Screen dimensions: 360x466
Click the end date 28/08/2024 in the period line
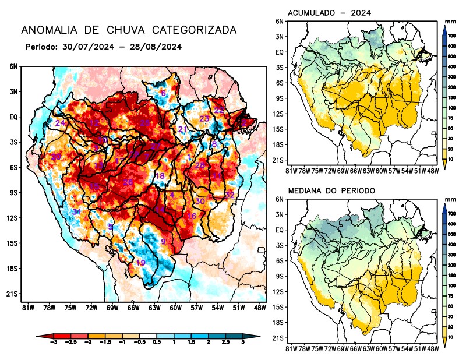click(x=157, y=47)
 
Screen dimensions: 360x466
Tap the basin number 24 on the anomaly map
click(x=60, y=123)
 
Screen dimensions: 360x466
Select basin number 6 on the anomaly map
click(x=163, y=94)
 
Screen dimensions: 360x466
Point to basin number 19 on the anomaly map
click(x=140, y=263)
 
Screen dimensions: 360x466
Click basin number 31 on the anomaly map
click(x=76, y=211)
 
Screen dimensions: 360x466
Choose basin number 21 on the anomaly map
click(x=182, y=129)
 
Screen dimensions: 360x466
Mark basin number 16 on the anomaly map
click(x=191, y=216)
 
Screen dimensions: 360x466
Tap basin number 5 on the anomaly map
click(x=110, y=227)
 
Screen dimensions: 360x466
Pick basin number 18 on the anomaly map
click(x=159, y=176)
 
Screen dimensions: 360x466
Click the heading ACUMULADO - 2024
click(x=330, y=13)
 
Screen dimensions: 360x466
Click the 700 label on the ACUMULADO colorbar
click(x=451, y=36)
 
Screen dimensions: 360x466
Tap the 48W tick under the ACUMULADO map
click(x=432, y=171)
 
